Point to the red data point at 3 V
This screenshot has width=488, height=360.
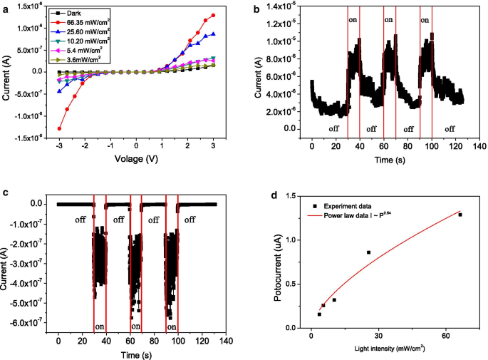click(x=213, y=15)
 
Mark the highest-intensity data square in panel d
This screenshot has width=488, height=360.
click(x=460, y=215)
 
